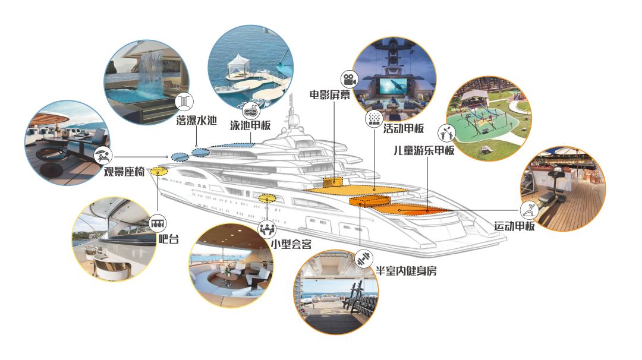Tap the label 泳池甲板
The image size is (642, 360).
click(x=250, y=126)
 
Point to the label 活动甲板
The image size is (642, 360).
click(x=404, y=128)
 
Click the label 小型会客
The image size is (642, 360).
click(x=291, y=244)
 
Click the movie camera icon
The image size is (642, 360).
click(x=348, y=79)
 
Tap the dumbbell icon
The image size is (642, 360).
click(x=363, y=259)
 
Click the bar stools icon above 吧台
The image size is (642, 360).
click(x=157, y=223)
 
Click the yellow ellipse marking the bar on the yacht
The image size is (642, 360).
click(x=158, y=172)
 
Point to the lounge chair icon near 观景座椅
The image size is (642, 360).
click(x=103, y=156)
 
